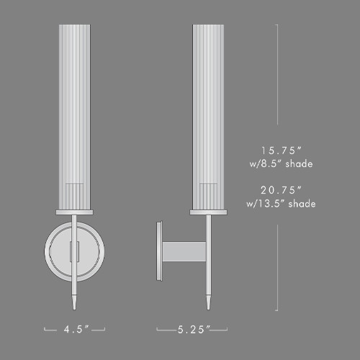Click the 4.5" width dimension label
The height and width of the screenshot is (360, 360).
pyautogui.click(x=75, y=329)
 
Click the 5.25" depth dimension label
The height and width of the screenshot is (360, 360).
pyautogui.click(x=194, y=329)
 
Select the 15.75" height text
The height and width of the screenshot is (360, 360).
pyautogui.click(x=281, y=151)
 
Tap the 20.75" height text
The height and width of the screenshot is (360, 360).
pyautogui.click(x=281, y=190)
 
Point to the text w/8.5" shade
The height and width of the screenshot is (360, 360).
pyautogui.click(x=281, y=164)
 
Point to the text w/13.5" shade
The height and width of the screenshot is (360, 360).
pyautogui.click(x=281, y=203)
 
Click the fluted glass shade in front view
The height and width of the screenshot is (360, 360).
pyautogui.click(x=75, y=115)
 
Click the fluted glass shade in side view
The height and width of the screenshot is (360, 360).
pyautogui.click(x=210, y=115)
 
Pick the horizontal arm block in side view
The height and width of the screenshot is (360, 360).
pyautogui.click(x=184, y=252)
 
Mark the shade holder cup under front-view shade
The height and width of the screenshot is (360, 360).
pyautogui.click(x=75, y=212)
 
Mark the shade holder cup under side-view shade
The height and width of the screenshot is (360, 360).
pyautogui.click(x=210, y=212)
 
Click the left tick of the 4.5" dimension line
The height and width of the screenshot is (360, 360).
pyautogui.click(x=45, y=330)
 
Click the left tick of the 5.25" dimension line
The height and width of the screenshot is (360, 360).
pyautogui.click(x=158, y=330)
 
